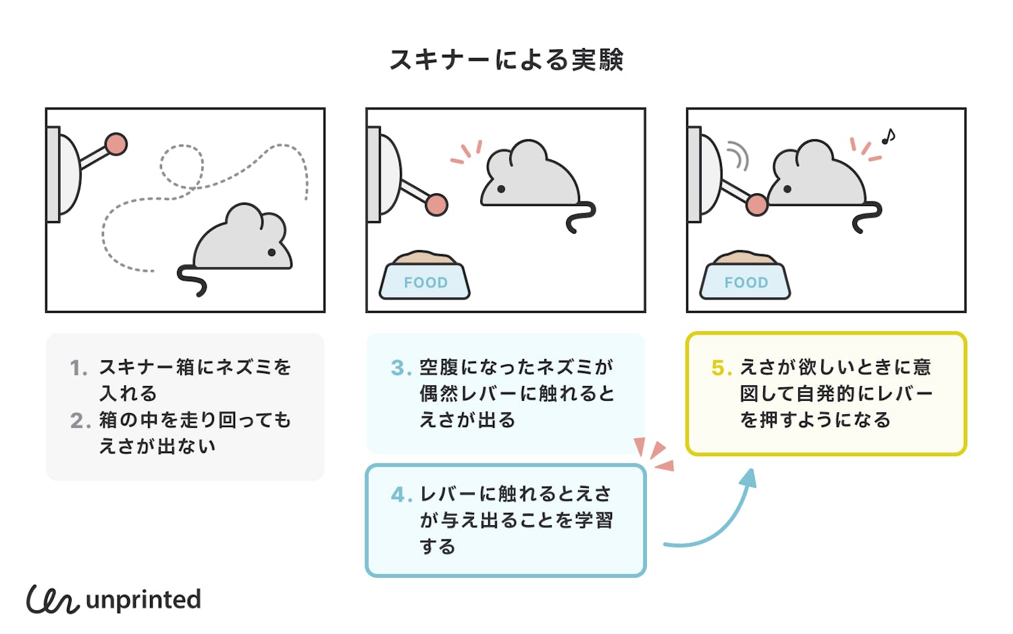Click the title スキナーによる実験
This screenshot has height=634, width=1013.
tap(506, 60)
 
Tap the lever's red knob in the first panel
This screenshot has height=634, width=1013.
tap(116, 144)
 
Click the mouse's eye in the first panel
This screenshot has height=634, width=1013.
tap(271, 252)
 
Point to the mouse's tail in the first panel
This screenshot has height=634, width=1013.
tap(192, 280)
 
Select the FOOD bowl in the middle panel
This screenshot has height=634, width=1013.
tap(425, 277)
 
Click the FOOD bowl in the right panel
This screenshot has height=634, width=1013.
tap(746, 277)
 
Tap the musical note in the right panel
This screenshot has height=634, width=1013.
tap(888, 137)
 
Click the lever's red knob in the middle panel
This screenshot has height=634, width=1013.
tap(437, 204)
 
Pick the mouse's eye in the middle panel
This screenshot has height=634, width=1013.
tap(501, 189)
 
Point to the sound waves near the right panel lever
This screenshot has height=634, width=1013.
tap(739, 155)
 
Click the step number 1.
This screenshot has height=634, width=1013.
tap(78, 368)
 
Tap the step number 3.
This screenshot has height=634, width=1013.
tap(400, 368)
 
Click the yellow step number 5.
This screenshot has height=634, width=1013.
tap(721, 368)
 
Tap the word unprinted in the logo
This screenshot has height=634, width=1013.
tap(143, 600)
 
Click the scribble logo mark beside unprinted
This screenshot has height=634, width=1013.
tap(52, 600)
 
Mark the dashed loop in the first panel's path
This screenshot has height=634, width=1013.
tap(182, 166)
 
